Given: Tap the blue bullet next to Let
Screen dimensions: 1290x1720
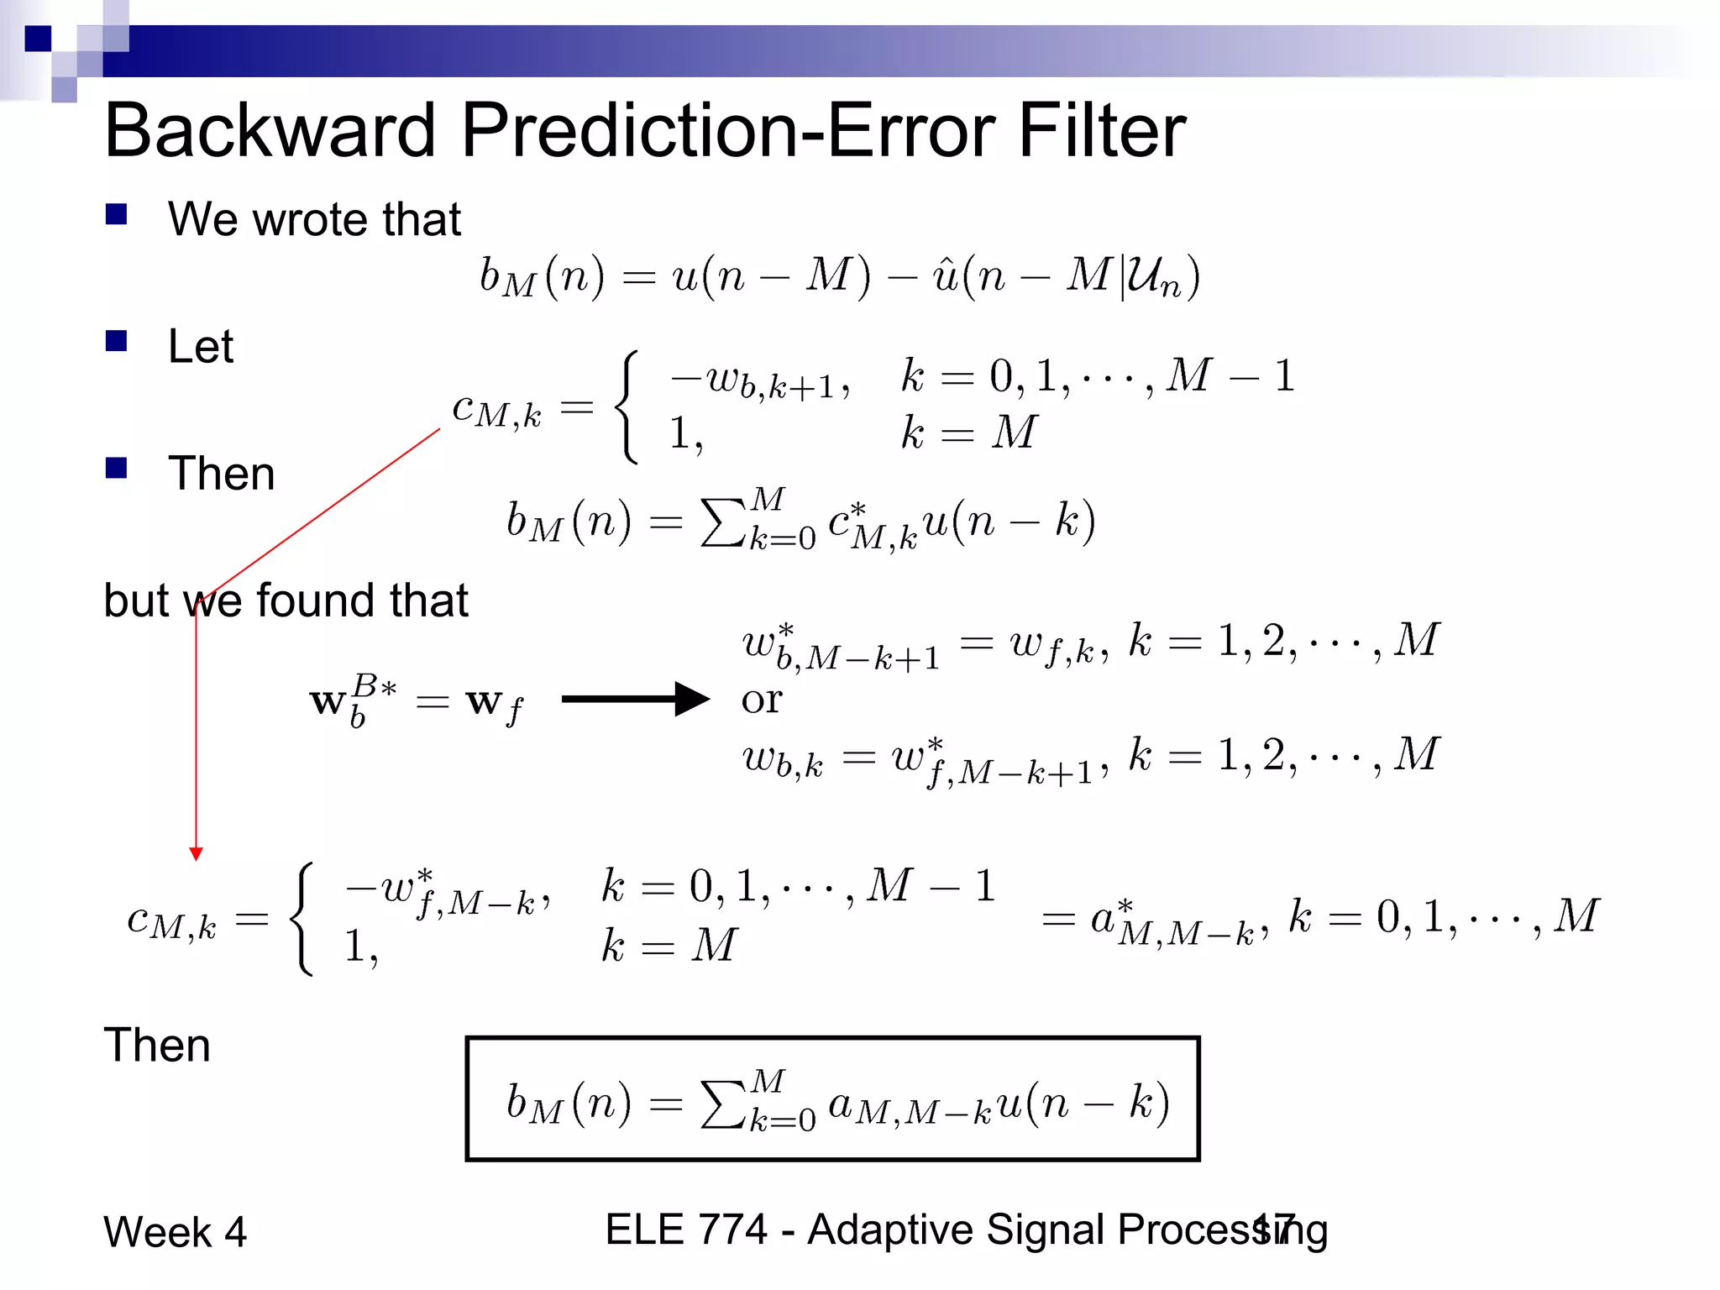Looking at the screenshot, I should click(116, 340).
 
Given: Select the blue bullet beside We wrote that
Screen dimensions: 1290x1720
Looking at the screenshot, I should click(116, 215).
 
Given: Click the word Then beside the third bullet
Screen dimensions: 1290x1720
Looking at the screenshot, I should click(221, 473).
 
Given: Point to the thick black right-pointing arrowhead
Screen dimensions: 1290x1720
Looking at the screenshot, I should click(693, 699).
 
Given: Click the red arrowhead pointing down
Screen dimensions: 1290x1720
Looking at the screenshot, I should click(197, 854).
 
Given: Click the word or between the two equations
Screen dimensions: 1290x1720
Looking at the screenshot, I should click(762, 700).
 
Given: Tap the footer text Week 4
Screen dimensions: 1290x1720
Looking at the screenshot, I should click(175, 1232).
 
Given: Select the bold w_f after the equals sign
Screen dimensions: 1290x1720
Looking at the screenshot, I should click(494, 703).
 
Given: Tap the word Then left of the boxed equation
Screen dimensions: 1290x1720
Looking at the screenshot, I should click(157, 1046).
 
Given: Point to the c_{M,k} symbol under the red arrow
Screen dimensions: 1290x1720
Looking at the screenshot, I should click(171, 921).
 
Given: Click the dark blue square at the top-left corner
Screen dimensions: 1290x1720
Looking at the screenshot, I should click(38, 39).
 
